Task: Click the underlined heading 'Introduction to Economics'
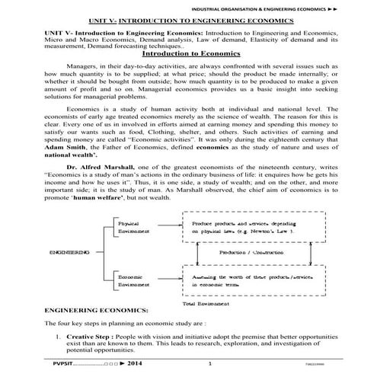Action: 187,53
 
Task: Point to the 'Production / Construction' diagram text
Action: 245,251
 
